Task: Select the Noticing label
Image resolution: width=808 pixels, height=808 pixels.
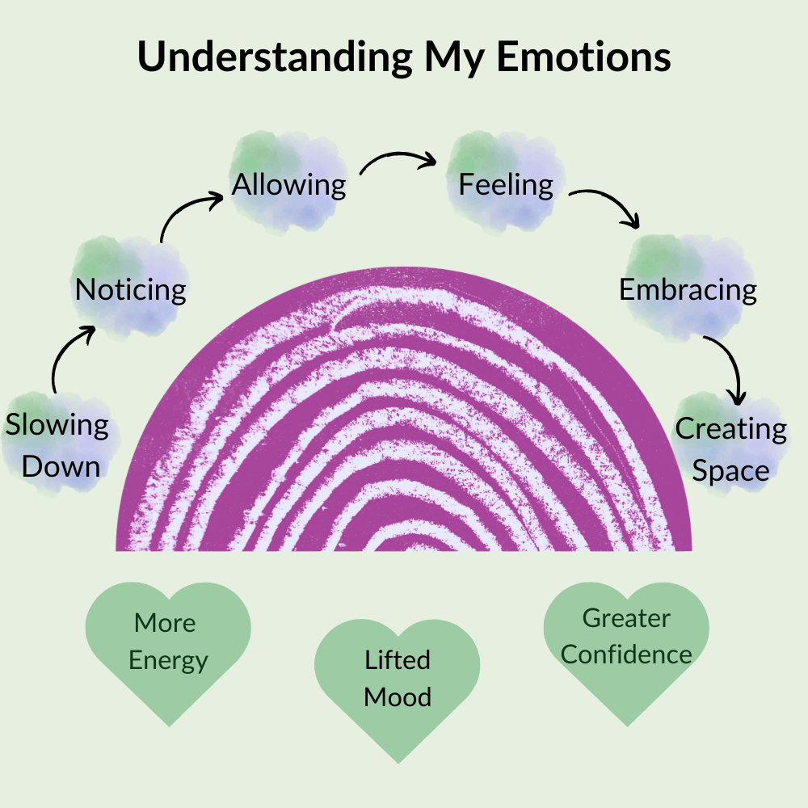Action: (130, 289)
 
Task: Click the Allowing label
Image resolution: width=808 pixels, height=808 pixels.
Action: (289, 185)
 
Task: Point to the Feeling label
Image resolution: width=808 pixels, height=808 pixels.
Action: (506, 185)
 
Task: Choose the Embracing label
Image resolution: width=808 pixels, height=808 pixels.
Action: (688, 289)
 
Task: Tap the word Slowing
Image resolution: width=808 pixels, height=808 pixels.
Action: (57, 425)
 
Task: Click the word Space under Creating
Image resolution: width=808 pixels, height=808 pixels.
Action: (730, 471)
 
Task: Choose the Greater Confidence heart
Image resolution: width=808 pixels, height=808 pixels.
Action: (626, 646)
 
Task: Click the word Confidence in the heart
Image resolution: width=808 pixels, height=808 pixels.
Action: (626, 654)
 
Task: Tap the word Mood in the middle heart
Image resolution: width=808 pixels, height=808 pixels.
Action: (397, 696)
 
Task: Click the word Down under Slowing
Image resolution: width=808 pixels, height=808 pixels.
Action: (61, 466)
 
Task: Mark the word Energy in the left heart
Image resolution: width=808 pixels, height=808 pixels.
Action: (168, 660)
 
